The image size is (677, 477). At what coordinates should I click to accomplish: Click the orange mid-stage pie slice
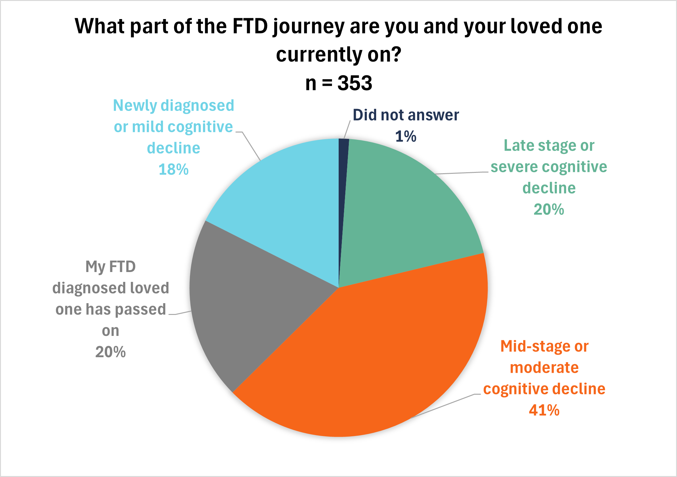pyautogui.click(x=381, y=356)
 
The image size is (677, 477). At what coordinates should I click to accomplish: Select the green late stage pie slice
pyautogui.click(x=403, y=216)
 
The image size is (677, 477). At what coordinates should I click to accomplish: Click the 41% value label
pyautogui.click(x=544, y=410)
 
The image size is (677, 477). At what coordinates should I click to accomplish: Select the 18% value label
pyautogui.click(x=173, y=169)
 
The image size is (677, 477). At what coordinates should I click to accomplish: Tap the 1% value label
pyautogui.click(x=406, y=136)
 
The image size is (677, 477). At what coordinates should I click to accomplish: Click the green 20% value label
pyautogui.click(x=549, y=209)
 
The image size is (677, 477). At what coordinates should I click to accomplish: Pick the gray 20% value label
pyautogui.click(x=111, y=352)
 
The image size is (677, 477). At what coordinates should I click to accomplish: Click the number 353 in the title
pyautogui.click(x=355, y=83)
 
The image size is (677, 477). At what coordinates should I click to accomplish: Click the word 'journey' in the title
pyautogui.click(x=308, y=27)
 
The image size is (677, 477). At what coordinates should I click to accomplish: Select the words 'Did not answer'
pyautogui.click(x=406, y=115)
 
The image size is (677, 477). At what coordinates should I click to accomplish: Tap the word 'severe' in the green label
pyautogui.click(x=511, y=167)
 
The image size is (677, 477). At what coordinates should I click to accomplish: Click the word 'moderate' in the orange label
pyautogui.click(x=544, y=368)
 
